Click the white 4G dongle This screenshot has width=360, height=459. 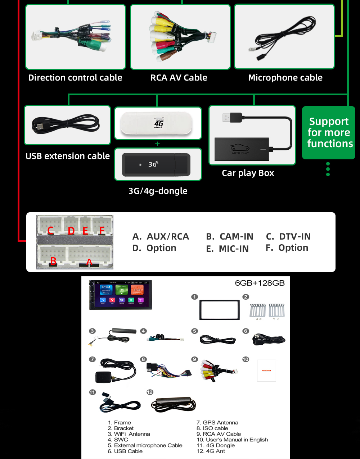point(158,123)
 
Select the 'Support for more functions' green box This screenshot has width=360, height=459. point(329,133)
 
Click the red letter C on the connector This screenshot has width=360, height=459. point(51,231)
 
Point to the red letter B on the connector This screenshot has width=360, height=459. point(53,261)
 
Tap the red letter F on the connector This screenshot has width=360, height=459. point(102,231)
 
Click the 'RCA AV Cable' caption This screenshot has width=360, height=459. point(179,78)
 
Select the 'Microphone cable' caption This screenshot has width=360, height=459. point(285,78)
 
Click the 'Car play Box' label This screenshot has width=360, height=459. point(248,173)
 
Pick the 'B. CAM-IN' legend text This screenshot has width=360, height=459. point(230,237)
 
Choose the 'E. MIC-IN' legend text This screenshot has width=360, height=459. point(227,249)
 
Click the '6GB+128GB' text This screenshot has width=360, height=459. point(260,283)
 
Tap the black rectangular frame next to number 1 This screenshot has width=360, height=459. point(220,310)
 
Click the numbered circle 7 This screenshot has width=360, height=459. point(93,359)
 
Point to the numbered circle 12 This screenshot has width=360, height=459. point(150,392)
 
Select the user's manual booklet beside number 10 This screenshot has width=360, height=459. point(266,371)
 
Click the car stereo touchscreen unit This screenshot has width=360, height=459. point(121,295)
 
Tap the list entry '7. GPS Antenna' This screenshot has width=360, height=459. point(217,423)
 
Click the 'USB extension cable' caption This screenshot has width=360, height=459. point(68,156)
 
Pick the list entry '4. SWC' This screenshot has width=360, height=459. point(118,440)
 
